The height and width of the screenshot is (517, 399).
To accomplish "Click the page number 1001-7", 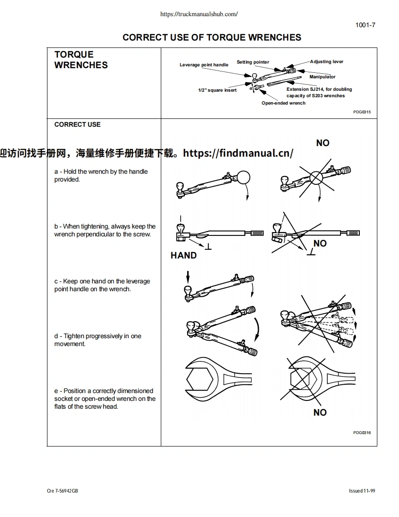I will point(365,25).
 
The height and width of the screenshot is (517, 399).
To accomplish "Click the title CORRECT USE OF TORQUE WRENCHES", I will point(212,38).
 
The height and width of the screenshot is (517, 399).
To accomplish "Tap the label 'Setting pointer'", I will point(253,62).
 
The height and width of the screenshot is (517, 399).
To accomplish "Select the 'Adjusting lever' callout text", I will point(327,62).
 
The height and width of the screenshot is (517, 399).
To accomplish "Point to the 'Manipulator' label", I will point(323,77).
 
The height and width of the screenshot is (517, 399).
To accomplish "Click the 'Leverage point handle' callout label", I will point(204,65).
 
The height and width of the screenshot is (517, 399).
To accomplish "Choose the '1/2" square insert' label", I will point(217,90).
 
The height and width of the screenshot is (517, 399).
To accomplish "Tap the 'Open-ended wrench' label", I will point(283,103).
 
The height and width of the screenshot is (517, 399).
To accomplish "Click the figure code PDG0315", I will point(362,112).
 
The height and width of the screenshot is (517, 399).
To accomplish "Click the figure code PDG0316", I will point(362,433).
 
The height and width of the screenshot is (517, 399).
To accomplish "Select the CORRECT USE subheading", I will point(77,124).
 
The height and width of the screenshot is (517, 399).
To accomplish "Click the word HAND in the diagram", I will point(183,255).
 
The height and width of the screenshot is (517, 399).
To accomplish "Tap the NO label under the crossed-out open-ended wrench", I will point(320,412).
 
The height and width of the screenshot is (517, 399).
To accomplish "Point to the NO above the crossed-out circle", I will point(323,143).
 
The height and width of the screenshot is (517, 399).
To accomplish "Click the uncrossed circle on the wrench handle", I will point(243,177).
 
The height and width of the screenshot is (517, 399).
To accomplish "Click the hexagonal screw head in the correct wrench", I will point(199,380).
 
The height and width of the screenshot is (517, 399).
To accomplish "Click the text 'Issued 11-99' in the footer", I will point(362,491).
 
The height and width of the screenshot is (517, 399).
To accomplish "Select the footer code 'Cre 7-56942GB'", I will point(63,491).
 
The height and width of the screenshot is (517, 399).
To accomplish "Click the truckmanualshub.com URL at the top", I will point(199,14).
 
